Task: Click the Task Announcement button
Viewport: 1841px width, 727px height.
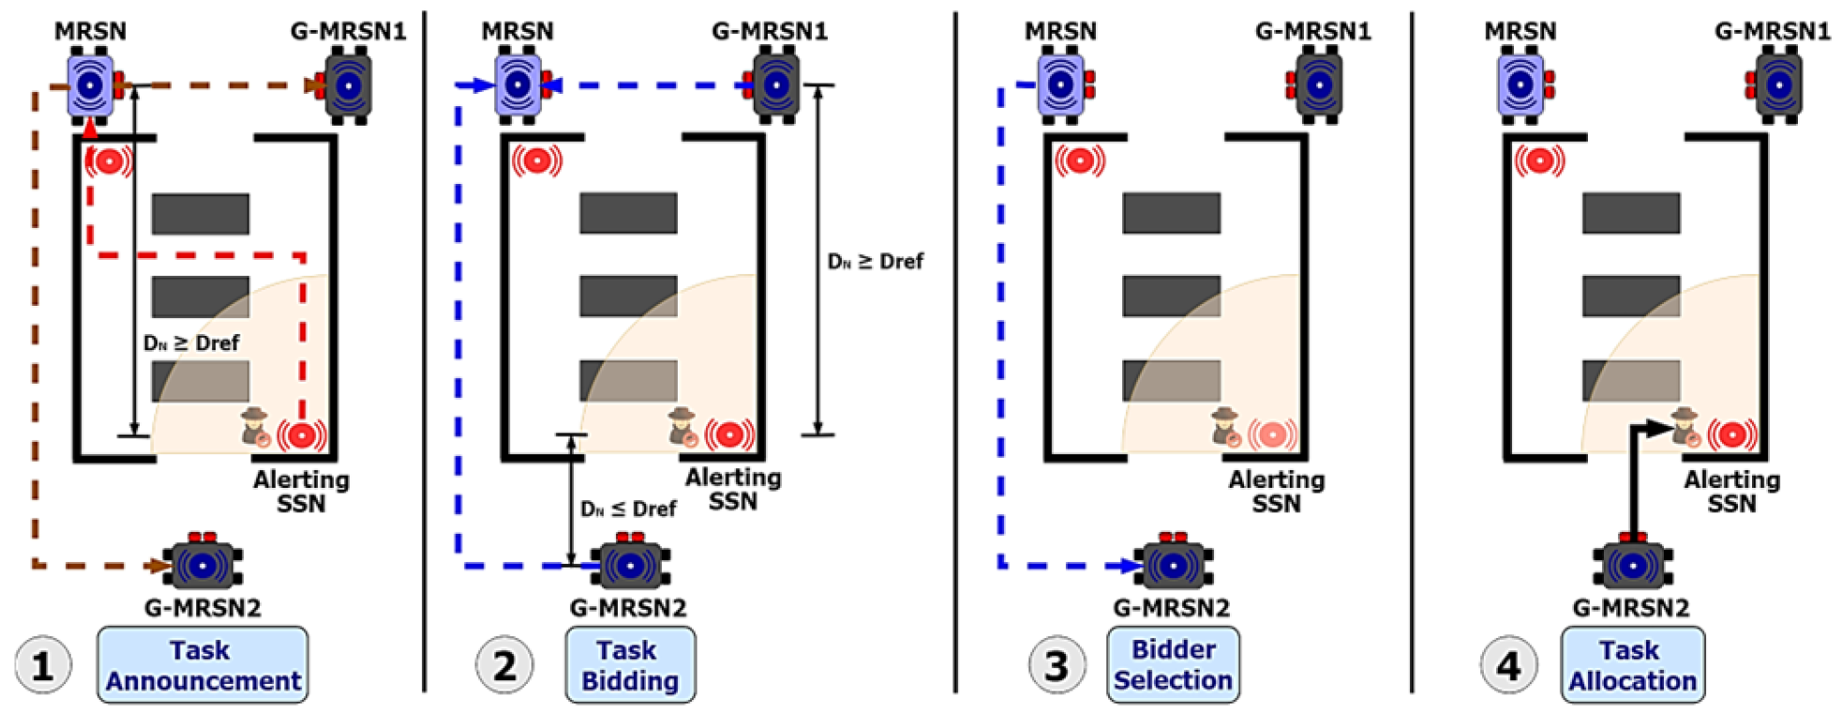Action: click(x=202, y=665)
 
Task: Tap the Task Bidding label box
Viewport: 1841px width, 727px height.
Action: click(x=629, y=665)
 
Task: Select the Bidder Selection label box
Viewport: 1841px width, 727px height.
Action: click(x=1173, y=665)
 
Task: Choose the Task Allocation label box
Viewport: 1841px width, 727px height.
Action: click(x=1632, y=665)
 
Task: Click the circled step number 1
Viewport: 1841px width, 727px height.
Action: click(x=42, y=666)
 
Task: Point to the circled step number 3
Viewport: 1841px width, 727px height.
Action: click(x=1056, y=666)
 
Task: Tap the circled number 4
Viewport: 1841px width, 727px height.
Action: click(x=1508, y=666)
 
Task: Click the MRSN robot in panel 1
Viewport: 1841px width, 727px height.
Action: click(x=91, y=86)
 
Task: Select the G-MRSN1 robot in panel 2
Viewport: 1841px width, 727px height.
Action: click(x=775, y=86)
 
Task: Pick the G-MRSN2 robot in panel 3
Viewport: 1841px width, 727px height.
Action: click(x=1173, y=565)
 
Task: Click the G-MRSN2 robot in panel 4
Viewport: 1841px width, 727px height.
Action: click(x=1632, y=565)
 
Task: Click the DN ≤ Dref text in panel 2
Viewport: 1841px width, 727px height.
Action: click(x=628, y=509)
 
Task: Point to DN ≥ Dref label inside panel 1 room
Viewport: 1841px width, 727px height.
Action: click(x=191, y=343)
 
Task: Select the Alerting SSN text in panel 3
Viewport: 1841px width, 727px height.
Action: click(x=1276, y=492)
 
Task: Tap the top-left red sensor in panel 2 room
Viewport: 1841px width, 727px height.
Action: click(x=536, y=161)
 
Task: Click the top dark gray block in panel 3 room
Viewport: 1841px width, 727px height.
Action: click(x=1171, y=213)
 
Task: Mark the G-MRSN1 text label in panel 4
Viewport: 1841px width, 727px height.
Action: click(x=1772, y=31)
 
